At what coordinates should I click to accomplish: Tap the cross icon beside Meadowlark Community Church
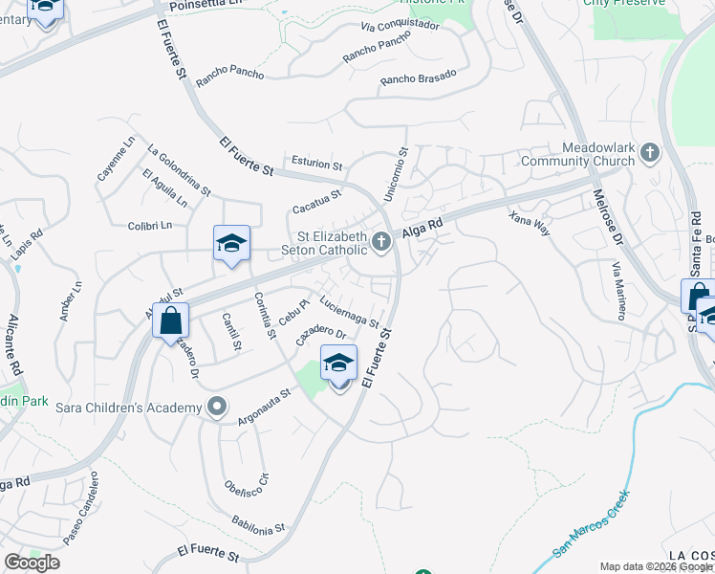pyautogui.click(x=650, y=152)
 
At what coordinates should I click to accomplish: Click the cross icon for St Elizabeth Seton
pyautogui.click(x=381, y=242)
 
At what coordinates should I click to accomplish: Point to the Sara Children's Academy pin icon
pyautogui.click(x=217, y=408)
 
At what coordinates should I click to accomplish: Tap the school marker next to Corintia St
pyautogui.click(x=231, y=244)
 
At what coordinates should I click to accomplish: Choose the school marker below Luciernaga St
pyautogui.click(x=338, y=364)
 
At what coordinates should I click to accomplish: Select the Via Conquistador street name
pyautogui.click(x=401, y=26)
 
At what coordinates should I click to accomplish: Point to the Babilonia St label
pyautogui.click(x=258, y=523)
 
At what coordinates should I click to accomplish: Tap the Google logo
pyautogui.click(x=32, y=563)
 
